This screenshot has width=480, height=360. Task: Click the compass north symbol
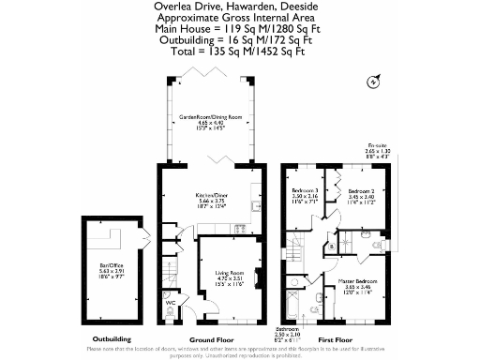click(375, 82)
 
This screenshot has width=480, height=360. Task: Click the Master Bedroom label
click(357, 281)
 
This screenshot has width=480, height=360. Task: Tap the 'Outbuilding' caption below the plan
click(112, 338)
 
